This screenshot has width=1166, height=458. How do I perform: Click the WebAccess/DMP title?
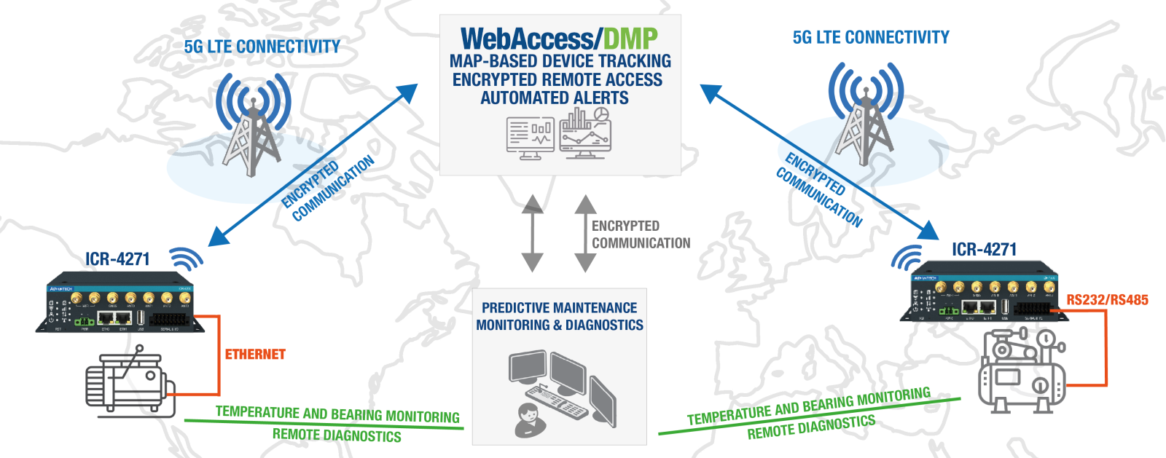pyautogui.click(x=559, y=38)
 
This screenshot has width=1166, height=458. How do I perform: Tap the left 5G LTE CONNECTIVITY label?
pyautogui.click(x=262, y=47)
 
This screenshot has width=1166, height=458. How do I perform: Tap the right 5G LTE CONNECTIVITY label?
pyautogui.click(x=871, y=37)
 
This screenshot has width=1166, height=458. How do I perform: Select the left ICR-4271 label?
pyautogui.click(x=117, y=259)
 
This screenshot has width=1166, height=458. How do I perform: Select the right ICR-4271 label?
pyautogui.click(x=984, y=250)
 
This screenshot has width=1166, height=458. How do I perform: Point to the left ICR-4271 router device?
pyautogui.click(x=120, y=302)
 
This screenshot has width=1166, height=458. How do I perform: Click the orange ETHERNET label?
pyautogui.click(x=255, y=355)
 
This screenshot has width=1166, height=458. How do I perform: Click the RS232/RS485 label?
pyautogui.click(x=1107, y=300)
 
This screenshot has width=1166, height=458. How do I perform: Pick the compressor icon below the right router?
pyautogui.click(x=1021, y=371)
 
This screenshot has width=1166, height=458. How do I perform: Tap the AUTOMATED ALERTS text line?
pyautogui.click(x=554, y=98)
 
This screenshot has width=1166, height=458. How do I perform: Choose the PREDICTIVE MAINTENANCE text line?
pyautogui.click(x=559, y=308)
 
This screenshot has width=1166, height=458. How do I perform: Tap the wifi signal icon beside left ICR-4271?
pyautogui.click(x=186, y=257)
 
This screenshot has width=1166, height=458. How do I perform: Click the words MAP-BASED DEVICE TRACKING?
pyautogui.click(x=560, y=61)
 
